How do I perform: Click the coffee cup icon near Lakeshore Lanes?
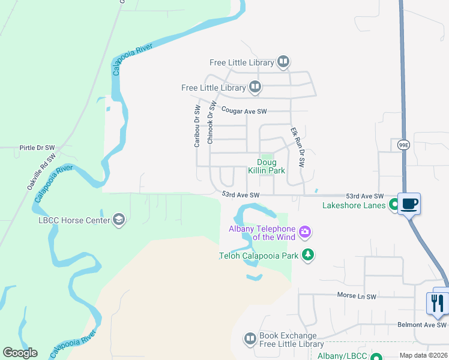[409, 203]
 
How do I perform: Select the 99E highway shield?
[403, 145]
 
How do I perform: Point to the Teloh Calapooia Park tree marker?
[308, 255]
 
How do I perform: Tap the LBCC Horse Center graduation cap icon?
[119, 220]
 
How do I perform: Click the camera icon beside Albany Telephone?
[305, 232]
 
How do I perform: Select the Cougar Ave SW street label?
[244, 111]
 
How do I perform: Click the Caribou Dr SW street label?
[197, 126]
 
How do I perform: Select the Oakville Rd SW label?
[41, 172]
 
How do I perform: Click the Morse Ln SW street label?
[356, 296]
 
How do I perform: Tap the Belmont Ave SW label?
[422, 325]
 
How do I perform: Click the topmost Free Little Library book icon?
[283, 62]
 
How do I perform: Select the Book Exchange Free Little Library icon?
[250, 340]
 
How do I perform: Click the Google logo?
[20, 353]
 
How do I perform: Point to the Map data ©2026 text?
[423, 355]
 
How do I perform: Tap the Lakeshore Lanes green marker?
[394, 205]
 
